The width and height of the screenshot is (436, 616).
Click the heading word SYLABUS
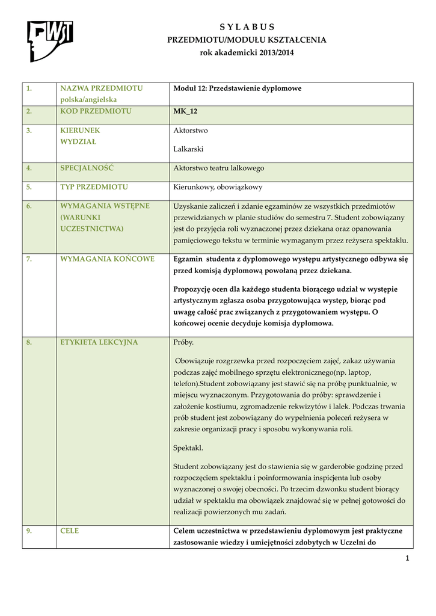[247, 27]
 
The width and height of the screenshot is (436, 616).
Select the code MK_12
[185, 111]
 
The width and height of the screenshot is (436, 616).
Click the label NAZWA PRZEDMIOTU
[101, 88]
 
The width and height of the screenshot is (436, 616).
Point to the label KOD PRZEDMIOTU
[96, 111]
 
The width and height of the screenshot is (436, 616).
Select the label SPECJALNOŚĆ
[87, 168]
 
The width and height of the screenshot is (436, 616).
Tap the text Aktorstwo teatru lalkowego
[218, 168]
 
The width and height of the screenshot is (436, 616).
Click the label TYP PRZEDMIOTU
[94, 187]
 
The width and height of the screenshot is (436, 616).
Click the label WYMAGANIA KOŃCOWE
[107, 259]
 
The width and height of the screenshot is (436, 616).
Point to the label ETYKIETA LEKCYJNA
[99, 342]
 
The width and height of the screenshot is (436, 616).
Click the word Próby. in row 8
[183, 342]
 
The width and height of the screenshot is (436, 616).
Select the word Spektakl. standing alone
[188, 448]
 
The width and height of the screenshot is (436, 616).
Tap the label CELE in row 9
[70, 531]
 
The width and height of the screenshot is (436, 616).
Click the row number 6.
[29, 206]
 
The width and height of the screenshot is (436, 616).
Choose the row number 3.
[29, 130]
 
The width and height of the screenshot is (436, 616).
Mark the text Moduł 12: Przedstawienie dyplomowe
[237, 88]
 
